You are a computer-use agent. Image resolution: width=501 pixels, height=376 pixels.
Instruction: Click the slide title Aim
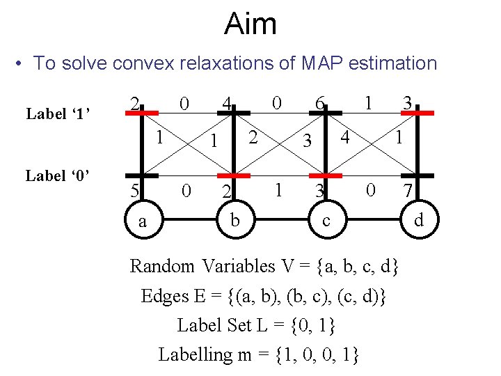coord(250,24)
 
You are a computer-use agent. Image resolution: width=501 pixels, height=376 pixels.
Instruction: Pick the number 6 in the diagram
coord(319,103)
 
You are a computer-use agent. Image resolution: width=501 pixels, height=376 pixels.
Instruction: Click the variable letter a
coord(142,221)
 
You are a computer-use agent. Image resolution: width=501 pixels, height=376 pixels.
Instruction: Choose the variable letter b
coord(235,221)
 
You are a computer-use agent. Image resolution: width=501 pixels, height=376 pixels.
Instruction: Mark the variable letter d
coord(419,221)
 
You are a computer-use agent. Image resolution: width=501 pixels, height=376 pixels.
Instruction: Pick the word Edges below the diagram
coord(164,296)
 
